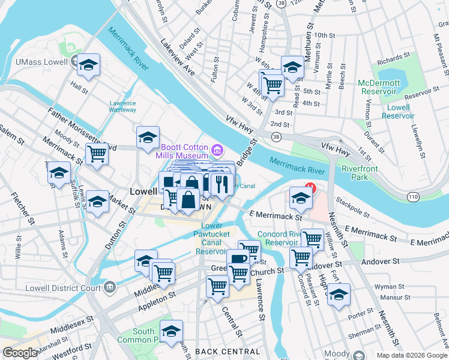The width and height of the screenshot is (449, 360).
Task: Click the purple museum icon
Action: pos(216,148)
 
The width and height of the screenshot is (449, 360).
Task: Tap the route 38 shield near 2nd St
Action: pos(276,137)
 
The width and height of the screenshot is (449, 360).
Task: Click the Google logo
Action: pos(20,353)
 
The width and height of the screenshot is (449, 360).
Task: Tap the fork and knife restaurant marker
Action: pos(222,182)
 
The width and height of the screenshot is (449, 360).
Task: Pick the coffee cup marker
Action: pos(238,259)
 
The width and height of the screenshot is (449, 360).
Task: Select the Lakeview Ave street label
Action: pos(178,58)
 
